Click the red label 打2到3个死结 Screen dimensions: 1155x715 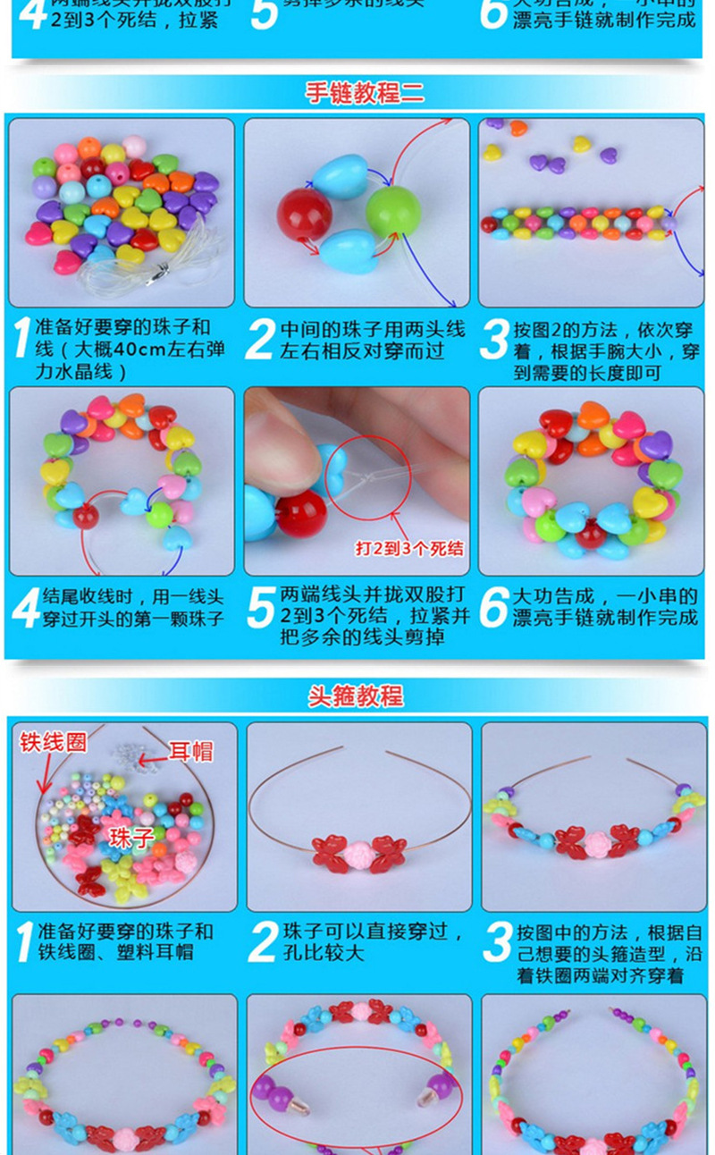point(410,547)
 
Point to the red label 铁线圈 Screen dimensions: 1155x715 point(53,742)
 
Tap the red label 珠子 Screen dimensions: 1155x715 point(133,837)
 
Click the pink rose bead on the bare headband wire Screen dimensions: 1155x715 point(359,849)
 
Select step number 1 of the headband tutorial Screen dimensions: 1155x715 point(24,943)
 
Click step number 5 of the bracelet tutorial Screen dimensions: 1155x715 point(260,607)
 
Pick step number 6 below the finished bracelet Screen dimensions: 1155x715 point(494,607)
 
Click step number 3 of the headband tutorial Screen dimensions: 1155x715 point(498,943)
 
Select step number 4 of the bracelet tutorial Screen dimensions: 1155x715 point(26,607)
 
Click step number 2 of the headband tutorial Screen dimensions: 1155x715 point(262,943)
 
